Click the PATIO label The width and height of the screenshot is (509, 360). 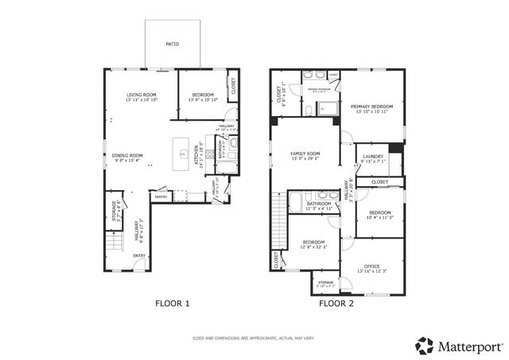(x=171, y=45)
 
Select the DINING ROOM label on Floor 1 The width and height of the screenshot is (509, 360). (x=126, y=155)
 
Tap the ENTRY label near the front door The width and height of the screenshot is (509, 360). (x=138, y=255)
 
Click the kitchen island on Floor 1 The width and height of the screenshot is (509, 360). (x=185, y=149)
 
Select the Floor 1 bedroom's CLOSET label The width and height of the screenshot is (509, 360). (x=233, y=87)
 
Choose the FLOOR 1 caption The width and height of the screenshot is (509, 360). (x=172, y=303)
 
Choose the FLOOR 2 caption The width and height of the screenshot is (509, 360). (x=336, y=303)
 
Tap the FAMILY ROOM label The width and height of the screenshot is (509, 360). (x=305, y=153)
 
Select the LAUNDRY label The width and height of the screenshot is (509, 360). (x=373, y=157)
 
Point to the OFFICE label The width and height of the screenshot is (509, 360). (x=371, y=265)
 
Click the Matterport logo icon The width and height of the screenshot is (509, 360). (x=424, y=346)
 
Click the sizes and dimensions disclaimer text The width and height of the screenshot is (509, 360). (x=254, y=339)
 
